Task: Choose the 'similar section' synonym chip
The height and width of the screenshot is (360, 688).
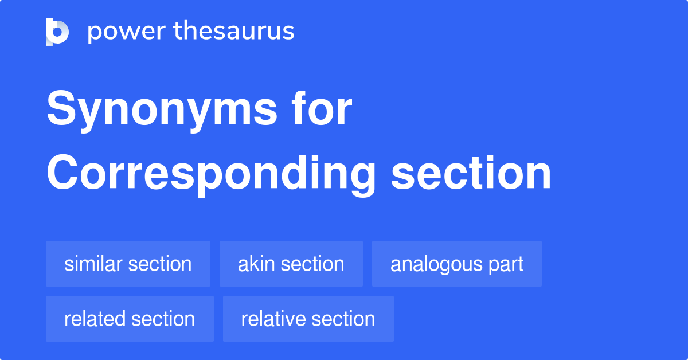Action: coord(128,264)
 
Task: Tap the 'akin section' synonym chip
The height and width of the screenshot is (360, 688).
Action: coord(291,264)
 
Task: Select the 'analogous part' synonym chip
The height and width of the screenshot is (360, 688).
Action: coord(457,264)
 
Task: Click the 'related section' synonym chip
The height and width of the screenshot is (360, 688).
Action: coord(130,319)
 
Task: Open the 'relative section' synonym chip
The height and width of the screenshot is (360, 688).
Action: coord(308,319)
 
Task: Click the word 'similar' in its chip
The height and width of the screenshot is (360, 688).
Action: coord(93,264)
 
